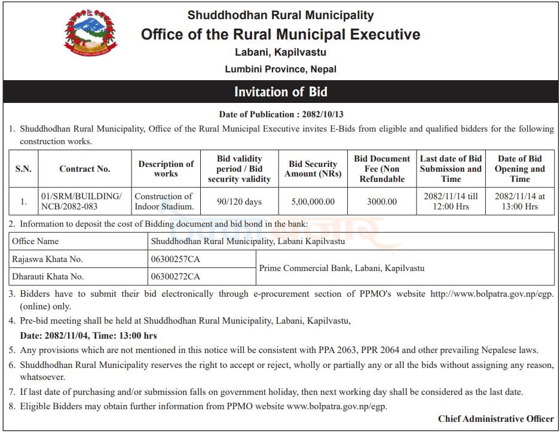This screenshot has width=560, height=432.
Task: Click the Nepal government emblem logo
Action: pyautogui.click(x=91, y=34)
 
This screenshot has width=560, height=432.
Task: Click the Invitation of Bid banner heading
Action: pyautogui.click(x=280, y=92)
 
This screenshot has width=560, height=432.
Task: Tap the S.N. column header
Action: pyautogui.click(x=23, y=169)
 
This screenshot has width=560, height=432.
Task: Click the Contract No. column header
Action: pyautogui.click(x=85, y=169)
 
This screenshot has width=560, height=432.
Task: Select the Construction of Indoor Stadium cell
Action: pyautogui.click(x=164, y=202)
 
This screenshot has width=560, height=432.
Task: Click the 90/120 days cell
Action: pyautogui.click(x=239, y=202)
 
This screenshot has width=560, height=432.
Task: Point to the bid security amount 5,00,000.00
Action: pyautogui.click(x=313, y=202)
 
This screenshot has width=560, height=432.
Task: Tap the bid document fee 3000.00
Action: pyautogui.click(x=382, y=202)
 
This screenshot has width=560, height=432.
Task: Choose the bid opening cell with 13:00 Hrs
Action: pyautogui.click(x=519, y=202)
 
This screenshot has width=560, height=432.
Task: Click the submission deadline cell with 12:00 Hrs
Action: pyautogui.click(x=451, y=202)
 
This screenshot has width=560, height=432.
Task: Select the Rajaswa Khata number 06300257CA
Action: pyautogui.click(x=176, y=259)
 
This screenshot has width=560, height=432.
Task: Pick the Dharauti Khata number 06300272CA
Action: pyautogui.click(x=176, y=276)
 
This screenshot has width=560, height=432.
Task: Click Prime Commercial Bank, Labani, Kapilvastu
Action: pyautogui.click(x=341, y=268)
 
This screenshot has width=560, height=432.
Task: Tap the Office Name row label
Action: pyautogui.click(x=35, y=241)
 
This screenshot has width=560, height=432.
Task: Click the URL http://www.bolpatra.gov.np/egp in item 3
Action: pyautogui.click(x=492, y=294)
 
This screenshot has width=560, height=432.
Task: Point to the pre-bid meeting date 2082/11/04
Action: pyautogui.click(x=67, y=336)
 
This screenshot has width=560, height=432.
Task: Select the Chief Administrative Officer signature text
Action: pyautogui.click(x=495, y=419)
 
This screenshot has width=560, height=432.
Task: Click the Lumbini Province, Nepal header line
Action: pyautogui.click(x=280, y=69)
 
